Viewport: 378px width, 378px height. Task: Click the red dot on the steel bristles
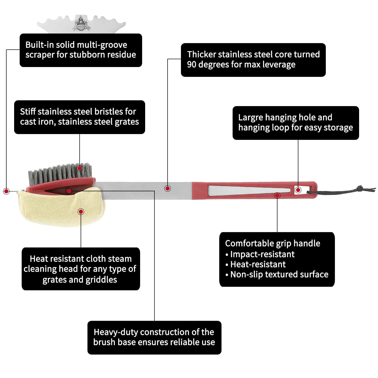click(80, 168)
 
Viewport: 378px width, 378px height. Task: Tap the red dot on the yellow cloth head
click(81, 211)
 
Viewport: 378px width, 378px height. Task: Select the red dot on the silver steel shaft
click(168, 188)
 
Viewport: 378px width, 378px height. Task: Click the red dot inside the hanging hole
click(298, 190)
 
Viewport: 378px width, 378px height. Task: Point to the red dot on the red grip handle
click(277, 195)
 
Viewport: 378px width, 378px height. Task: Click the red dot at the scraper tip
click(6, 191)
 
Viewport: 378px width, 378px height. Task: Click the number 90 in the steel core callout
click(192, 65)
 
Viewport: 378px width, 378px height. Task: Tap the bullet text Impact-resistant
click(262, 254)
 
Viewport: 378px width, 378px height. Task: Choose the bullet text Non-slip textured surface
click(279, 274)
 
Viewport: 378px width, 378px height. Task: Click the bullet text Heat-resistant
click(258, 264)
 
